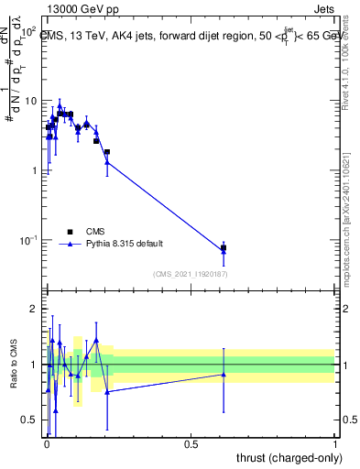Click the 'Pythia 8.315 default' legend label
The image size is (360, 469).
click(126, 245)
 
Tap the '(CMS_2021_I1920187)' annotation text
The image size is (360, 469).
click(190, 274)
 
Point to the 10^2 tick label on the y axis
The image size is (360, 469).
click(29, 31)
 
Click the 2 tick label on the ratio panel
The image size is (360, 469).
click(35, 310)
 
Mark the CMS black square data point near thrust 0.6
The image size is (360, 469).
click(224, 248)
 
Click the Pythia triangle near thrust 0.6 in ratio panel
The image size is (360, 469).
click(224, 374)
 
